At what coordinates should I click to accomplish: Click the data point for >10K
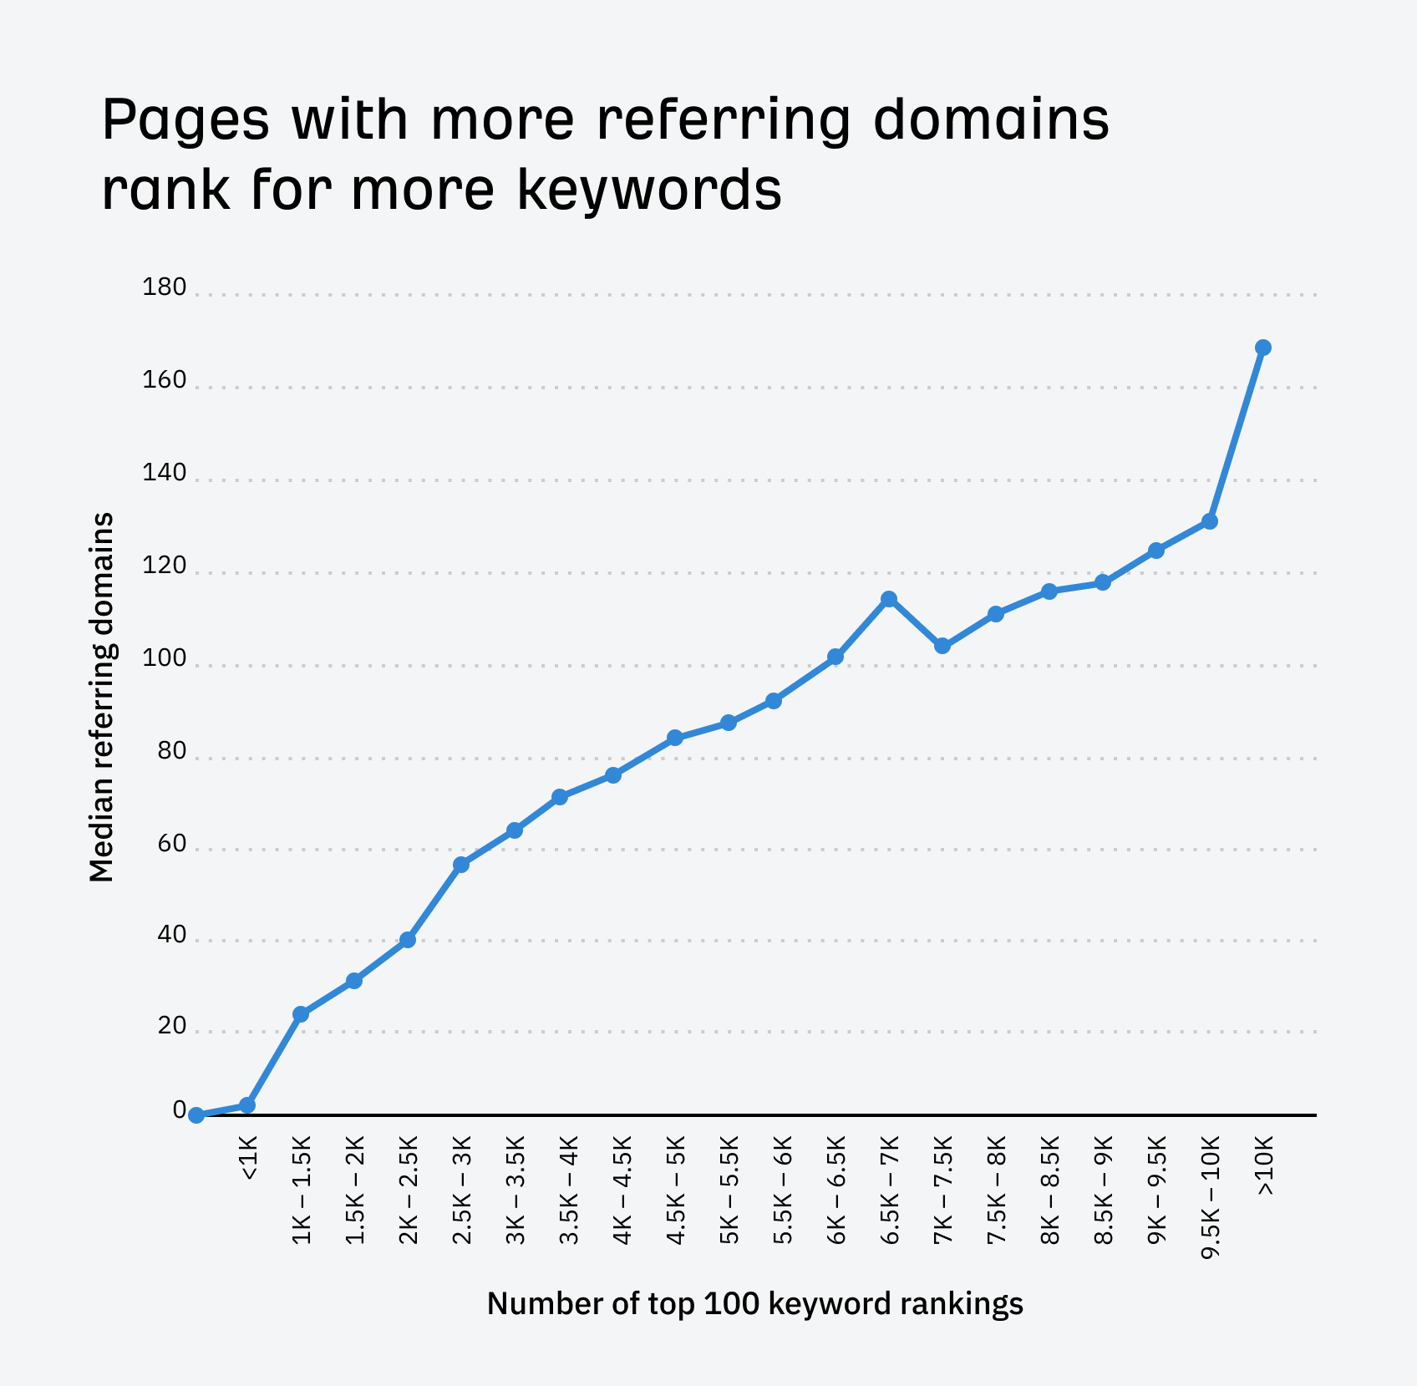coord(1262,348)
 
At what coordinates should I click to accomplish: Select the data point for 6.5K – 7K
coord(888,599)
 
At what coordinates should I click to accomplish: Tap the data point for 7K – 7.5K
coord(942,646)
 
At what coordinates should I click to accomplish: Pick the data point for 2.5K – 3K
coord(460,865)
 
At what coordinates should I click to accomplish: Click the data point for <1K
coord(247,1105)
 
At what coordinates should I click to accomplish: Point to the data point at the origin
coord(196,1115)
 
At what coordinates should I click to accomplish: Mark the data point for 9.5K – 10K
coord(1209,521)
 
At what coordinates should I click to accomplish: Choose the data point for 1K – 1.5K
coord(301,1014)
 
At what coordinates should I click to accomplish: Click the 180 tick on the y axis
coord(165,288)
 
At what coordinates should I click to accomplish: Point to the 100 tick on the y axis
coord(165,659)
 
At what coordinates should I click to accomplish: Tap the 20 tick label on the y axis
coord(171,1026)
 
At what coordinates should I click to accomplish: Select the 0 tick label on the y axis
coord(180,1110)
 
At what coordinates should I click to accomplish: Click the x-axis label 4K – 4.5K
coord(622,1190)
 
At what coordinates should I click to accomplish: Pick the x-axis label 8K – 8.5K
coord(1049,1190)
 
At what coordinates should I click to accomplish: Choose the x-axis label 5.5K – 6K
coord(782,1190)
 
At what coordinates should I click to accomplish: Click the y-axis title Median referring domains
coord(101,698)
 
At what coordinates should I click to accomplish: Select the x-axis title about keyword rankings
coord(754,1303)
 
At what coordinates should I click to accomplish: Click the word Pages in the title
coord(185,119)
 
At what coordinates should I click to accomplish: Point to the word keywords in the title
coord(649,190)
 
